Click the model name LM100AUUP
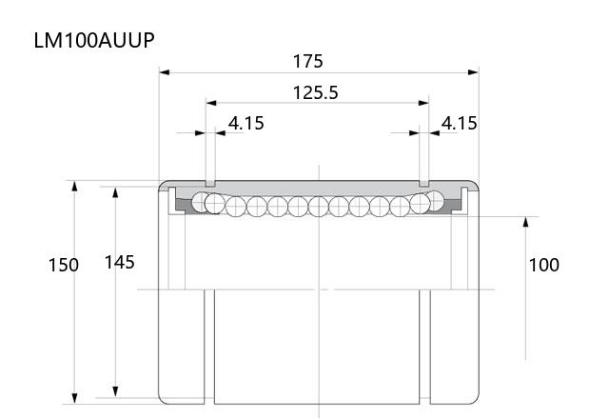(94, 40)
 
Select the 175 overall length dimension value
(307, 61)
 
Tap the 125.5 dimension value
(315, 93)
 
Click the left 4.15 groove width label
(246, 123)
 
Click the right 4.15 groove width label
(459, 123)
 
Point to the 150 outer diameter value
(64, 265)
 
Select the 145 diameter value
(120, 263)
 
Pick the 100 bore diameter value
(544, 265)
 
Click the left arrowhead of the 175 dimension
(165, 72)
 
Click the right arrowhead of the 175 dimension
(474, 72)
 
